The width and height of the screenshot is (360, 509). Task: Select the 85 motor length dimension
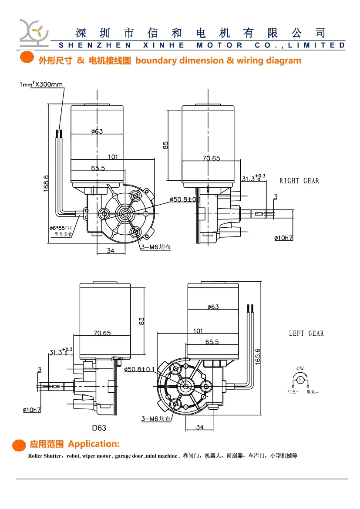coord(166,145)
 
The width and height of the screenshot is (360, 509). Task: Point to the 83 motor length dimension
coord(141,321)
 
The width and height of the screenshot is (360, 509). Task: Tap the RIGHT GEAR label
coord(299,181)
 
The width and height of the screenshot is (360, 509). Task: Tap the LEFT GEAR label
coord(306,334)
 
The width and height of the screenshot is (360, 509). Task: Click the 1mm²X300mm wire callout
coord(41,84)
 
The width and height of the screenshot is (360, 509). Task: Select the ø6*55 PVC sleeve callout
coord(61,228)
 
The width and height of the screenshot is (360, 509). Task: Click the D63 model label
coord(99,428)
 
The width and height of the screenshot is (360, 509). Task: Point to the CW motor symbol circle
coord(300,380)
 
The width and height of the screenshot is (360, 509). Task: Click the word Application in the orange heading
coord(93,444)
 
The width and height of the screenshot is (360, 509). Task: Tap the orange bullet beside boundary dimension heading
coord(27,57)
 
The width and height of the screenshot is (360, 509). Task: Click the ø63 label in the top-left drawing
coord(97,131)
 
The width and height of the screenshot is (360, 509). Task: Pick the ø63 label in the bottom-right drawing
coord(213,307)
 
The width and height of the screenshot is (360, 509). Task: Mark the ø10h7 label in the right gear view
coord(283,238)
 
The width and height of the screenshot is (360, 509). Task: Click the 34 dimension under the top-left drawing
coord(110,251)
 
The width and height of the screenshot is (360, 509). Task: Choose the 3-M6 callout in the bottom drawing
coord(155,419)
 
